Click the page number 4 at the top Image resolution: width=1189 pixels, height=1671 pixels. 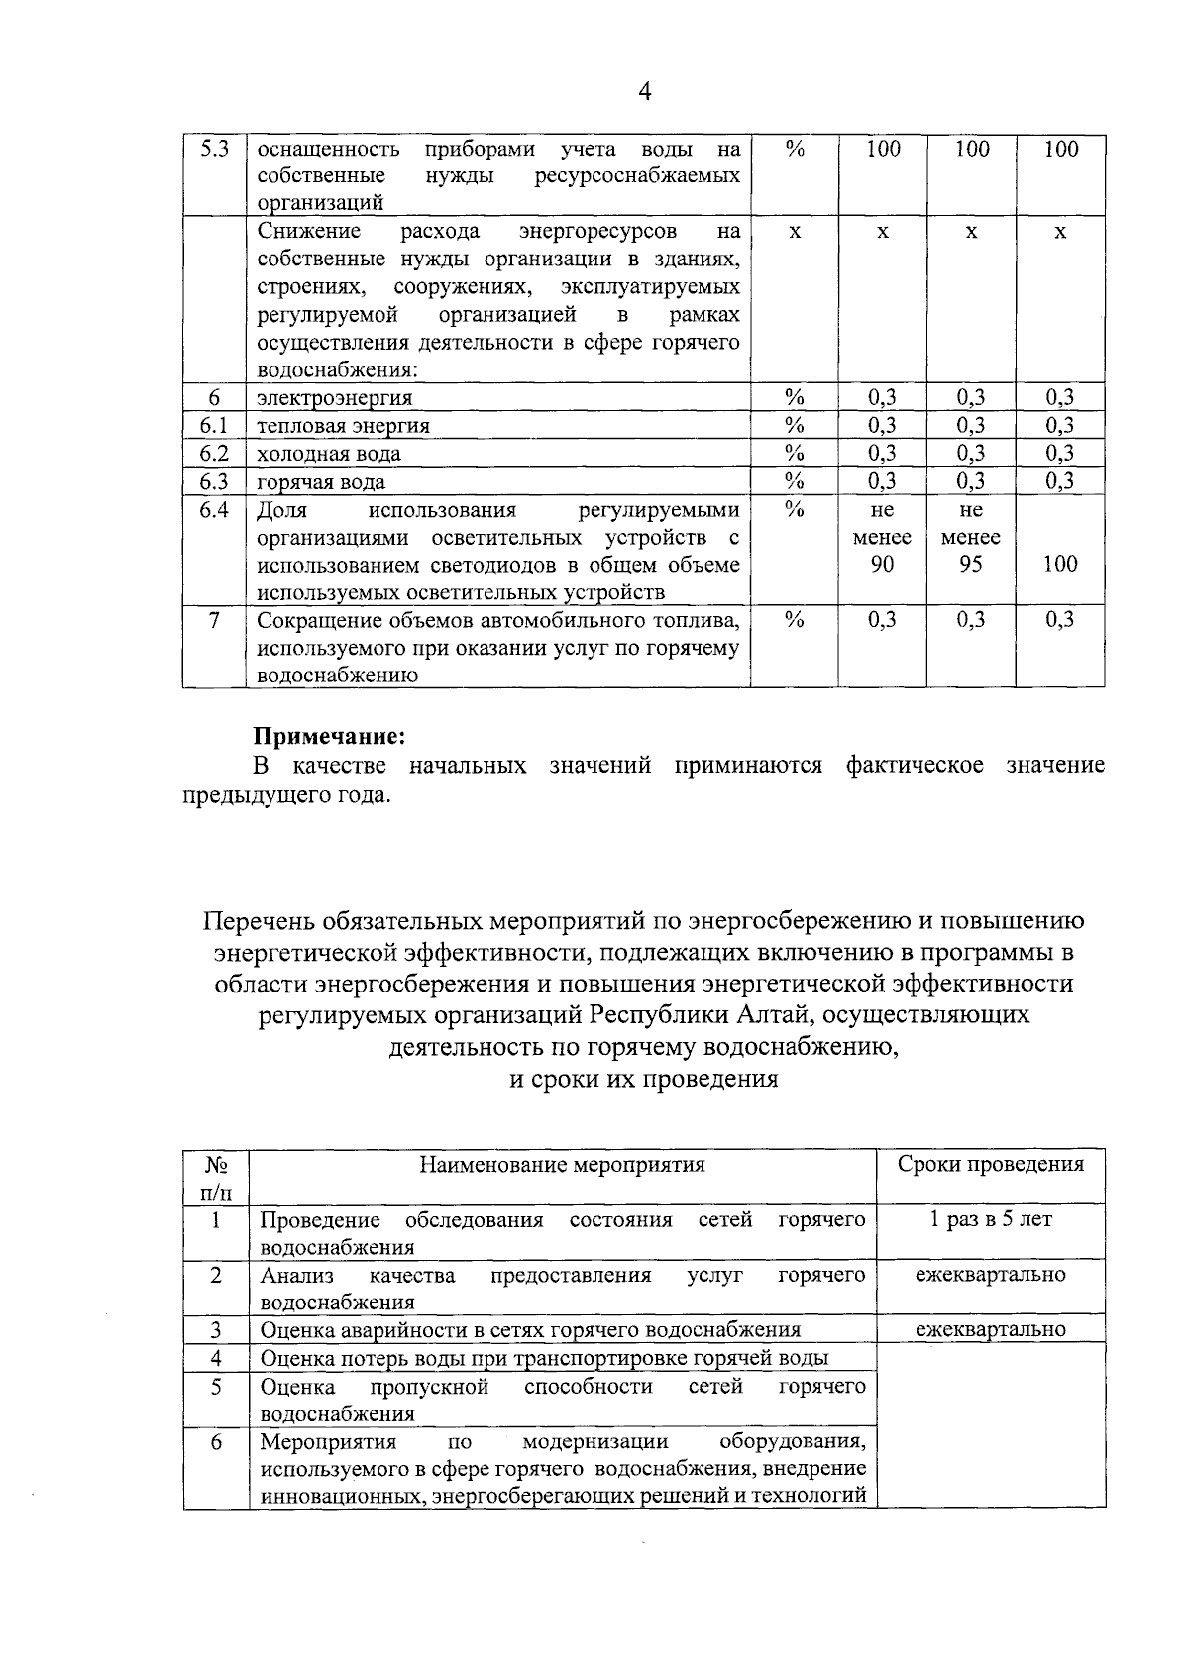[x=645, y=92]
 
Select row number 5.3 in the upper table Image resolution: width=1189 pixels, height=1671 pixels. [x=214, y=150]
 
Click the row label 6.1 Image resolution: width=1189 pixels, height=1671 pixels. [x=214, y=425]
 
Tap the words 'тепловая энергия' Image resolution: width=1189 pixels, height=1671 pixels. [x=343, y=426]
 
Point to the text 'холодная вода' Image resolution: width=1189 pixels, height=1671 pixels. [x=329, y=454]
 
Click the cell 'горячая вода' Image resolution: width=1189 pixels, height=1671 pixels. [x=321, y=482]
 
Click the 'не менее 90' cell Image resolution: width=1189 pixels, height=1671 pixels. [x=882, y=537]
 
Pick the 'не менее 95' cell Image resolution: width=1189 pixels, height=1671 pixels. [x=971, y=537]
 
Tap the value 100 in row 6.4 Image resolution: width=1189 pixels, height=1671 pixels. [x=1060, y=564]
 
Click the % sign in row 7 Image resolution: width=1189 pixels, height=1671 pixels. [x=794, y=619]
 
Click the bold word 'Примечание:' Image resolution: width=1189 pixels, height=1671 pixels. [x=330, y=737]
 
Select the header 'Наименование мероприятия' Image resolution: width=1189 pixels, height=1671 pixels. [x=563, y=1164]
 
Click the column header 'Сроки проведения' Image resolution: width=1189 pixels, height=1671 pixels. [x=990, y=1164]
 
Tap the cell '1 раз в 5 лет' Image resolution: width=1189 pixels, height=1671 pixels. [x=991, y=1219]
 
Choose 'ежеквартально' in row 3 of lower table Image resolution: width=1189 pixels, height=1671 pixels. [x=991, y=1329]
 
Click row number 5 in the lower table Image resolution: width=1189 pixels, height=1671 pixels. [x=215, y=1386]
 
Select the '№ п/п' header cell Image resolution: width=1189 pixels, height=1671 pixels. [x=215, y=1177]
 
